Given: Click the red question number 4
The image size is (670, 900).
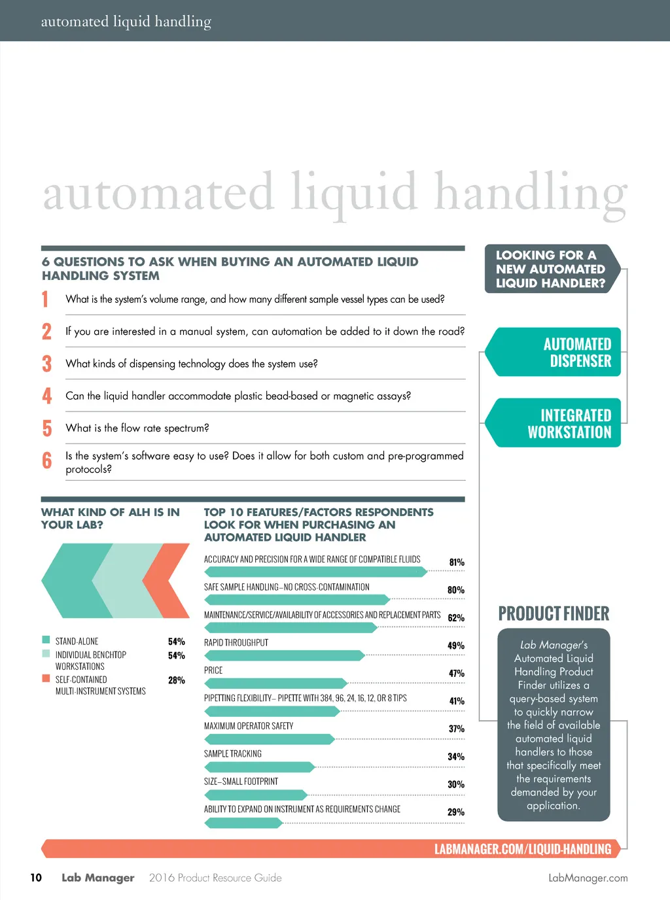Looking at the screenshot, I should coord(46,396).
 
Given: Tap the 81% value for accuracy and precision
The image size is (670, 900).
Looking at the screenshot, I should coord(457,562).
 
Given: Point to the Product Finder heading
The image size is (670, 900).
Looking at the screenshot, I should coord(554,614).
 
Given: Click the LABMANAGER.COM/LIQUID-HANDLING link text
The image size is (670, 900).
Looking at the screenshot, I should coord(522,849).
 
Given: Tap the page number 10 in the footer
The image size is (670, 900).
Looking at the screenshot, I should coord(36,878).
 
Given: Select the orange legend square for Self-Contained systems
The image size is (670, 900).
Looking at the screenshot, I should coord(46,678).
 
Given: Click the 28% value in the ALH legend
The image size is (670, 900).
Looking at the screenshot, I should coord(176,680).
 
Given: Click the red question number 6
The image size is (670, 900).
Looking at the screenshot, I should coord(46,460).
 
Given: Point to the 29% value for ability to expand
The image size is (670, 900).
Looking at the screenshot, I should coord(456,812).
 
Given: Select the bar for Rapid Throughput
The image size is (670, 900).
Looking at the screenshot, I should coord(284,655).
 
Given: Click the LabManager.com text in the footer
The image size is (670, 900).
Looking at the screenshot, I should coord(588,878).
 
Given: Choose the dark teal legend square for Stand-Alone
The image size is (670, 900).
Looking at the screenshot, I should coord(46,640).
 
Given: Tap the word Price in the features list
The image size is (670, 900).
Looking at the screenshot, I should coord(213,670).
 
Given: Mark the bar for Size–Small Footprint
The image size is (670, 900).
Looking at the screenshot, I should coord(256,795).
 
